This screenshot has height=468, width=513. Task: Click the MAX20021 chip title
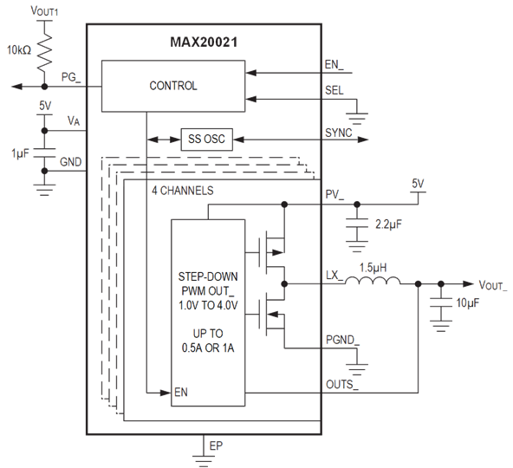[x=204, y=42]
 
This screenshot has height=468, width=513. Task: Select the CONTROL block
[x=173, y=86]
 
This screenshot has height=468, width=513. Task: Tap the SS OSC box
[x=207, y=140]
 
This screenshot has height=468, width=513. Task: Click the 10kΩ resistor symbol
[x=44, y=52]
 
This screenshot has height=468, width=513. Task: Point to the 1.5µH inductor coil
[x=373, y=280]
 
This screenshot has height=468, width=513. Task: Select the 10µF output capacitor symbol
[x=441, y=302]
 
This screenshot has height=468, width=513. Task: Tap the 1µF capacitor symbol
[x=44, y=153]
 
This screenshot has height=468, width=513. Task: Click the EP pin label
[x=216, y=445]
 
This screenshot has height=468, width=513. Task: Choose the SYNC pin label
[x=339, y=133]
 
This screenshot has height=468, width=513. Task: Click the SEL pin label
[x=334, y=90]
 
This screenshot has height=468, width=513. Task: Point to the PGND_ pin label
[x=342, y=340]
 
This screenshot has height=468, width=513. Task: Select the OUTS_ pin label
[x=342, y=385]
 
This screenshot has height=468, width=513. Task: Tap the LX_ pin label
[x=334, y=276]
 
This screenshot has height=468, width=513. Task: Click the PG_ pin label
[x=71, y=77]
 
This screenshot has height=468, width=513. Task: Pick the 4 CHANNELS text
[x=183, y=191]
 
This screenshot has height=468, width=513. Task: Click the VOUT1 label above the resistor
[x=44, y=10]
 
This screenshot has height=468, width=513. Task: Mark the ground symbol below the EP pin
[x=204, y=461]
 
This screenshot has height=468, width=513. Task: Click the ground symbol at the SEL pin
[x=357, y=119]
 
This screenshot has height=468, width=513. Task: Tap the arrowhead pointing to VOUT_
[x=468, y=284]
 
